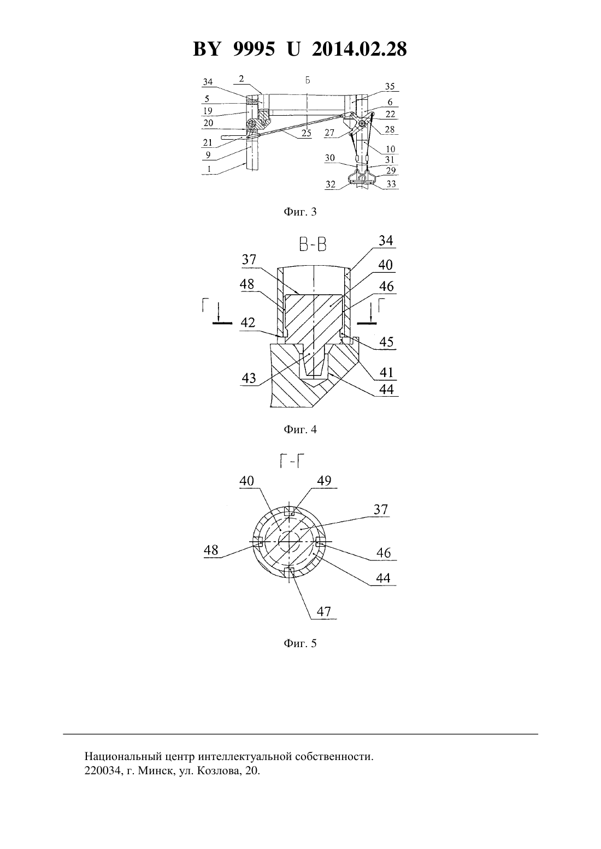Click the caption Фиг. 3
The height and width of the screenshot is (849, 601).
coord(300,212)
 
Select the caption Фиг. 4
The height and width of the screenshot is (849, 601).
coord(300,429)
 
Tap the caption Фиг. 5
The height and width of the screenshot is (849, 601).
coord(300,644)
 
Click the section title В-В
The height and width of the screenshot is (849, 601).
coord(313,245)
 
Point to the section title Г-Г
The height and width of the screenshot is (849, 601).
coord(293,461)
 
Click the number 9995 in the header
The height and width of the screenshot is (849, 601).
coord(253,49)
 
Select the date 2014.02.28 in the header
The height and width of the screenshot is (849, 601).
coord(359,49)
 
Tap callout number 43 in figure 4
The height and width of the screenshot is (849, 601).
coord(249,378)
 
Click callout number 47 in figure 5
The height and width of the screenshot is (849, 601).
coord(323,611)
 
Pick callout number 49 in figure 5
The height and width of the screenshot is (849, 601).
coord(324,481)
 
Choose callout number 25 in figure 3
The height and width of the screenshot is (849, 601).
coord(306,133)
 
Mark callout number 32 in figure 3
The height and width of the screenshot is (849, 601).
coord(331,184)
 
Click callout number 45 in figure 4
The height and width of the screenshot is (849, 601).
coord(386,342)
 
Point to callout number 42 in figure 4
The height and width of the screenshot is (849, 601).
coord(248,322)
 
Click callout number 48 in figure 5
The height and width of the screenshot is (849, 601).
coord(211,550)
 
